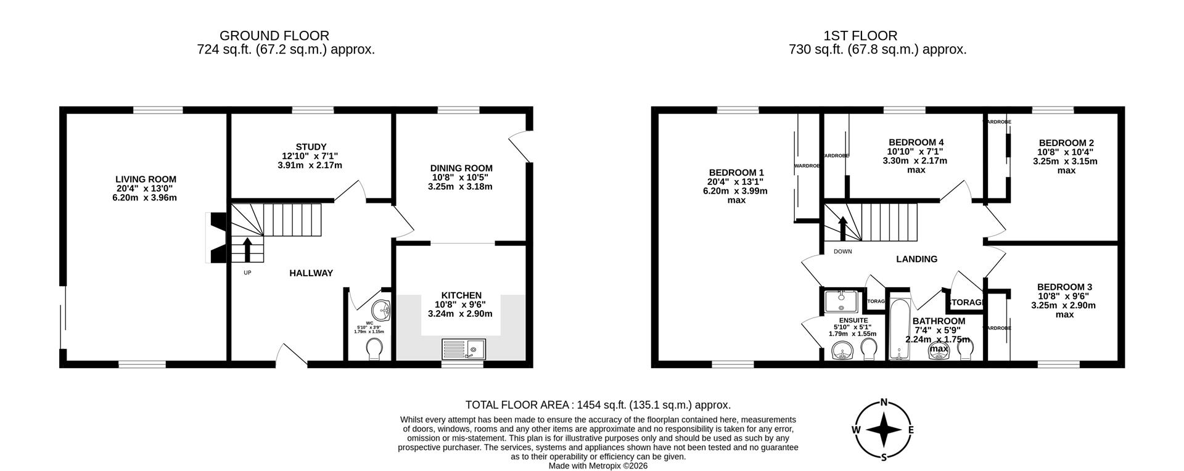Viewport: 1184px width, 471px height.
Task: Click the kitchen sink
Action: [464, 349]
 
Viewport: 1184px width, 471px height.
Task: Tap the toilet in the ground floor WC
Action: [374, 349]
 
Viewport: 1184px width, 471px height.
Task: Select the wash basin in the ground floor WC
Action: [382, 310]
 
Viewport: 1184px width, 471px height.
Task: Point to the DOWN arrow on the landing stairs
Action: [842, 228]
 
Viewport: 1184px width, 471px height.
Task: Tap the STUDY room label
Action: [311, 147]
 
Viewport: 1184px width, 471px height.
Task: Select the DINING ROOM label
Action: [461, 168]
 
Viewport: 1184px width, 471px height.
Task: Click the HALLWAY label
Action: [311, 273]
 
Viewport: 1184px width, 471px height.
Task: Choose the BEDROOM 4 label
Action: [916, 142]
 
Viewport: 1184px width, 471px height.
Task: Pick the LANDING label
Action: [916, 260]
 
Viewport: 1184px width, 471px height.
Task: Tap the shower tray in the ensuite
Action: [841, 301]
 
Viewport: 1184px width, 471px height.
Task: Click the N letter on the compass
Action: [884, 403]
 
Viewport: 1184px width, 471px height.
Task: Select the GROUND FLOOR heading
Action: [274, 36]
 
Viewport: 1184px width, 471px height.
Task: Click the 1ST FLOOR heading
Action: [860, 36]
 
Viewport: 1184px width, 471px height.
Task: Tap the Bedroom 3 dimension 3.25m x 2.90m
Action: [1064, 305]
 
